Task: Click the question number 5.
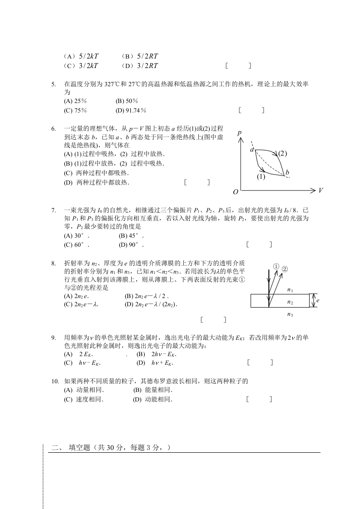click(53, 84)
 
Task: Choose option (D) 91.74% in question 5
click(131, 110)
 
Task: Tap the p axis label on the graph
click(239, 133)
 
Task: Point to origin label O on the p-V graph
click(236, 192)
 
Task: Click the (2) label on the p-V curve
click(282, 153)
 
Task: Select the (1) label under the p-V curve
click(261, 177)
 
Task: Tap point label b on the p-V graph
click(287, 172)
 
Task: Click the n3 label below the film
click(290, 314)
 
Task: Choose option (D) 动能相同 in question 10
click(153, 400)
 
